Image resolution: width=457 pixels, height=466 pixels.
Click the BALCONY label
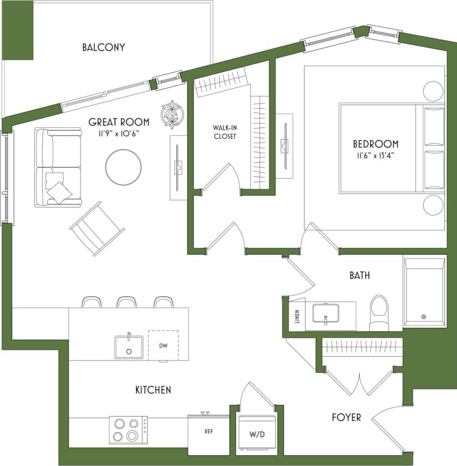point(103,47)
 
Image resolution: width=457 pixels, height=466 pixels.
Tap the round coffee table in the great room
point(123,167)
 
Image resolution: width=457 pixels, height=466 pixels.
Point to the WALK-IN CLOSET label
point(225,132)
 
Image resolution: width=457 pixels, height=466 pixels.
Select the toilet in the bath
point(379,313)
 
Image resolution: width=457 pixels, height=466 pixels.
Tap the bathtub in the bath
point(425,292)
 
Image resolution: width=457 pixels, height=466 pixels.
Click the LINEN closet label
point(297,316)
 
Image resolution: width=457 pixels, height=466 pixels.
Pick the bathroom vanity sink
point(325,313)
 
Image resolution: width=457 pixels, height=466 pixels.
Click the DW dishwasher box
point(163,345)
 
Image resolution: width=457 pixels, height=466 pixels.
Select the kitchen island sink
point(129,347)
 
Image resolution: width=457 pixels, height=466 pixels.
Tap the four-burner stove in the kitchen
point(128,429)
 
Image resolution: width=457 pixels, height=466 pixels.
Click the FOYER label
point(347,418)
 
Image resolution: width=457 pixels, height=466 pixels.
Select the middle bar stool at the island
point(126,302)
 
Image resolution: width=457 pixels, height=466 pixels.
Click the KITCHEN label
point(153,390)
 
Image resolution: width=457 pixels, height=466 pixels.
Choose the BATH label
point(360,275)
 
